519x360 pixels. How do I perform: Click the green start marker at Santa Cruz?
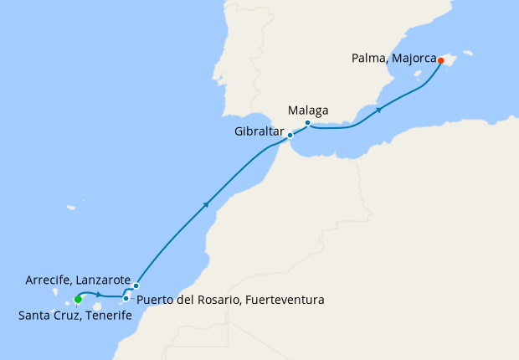(77, 299)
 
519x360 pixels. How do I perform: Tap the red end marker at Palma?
(440, 60)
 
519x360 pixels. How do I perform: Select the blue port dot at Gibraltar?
(290, 135)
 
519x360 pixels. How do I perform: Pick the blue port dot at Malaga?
(308, 123)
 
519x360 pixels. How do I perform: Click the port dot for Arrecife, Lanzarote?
(136, 285)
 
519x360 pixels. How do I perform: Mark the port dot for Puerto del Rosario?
(126, 298)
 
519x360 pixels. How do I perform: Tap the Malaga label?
(307, 110)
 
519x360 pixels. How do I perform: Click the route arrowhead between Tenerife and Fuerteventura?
(99, 295)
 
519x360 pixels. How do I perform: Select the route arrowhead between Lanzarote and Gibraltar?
(205, 203)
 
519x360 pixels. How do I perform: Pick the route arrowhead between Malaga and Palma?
(380, 109)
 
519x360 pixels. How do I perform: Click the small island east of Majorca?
(468, 53)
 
